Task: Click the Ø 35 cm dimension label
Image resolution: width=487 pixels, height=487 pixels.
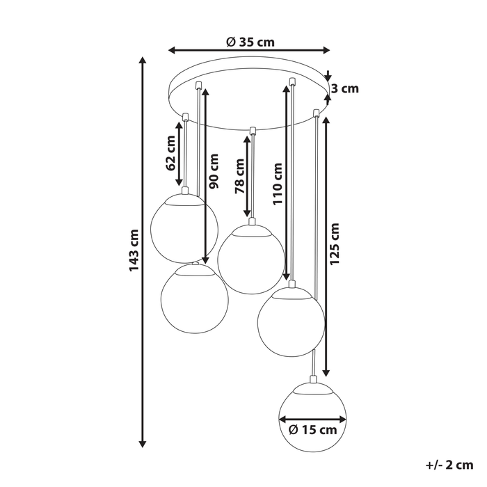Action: coord(250,41)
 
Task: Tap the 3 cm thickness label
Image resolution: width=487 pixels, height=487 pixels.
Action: coord(344,88)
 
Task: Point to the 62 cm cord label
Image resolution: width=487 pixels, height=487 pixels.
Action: coord(171,153)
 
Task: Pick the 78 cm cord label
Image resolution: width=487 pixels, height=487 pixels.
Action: coord(239,177)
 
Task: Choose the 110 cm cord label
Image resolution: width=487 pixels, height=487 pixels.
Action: coord(277,182)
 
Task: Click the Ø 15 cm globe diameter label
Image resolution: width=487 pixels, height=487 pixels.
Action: coord(312,429)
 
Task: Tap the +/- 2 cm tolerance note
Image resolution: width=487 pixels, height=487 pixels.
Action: coord(449,464)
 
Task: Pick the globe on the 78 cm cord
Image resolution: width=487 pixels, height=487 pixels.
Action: coord(250,258)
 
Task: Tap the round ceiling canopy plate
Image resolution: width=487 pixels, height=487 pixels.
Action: coord(250,97)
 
